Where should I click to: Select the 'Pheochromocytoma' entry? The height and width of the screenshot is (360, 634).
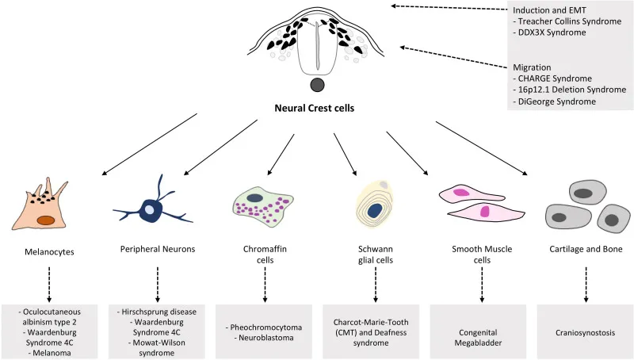point(265,326)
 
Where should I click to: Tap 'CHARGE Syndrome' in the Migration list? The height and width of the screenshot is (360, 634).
point(556,79)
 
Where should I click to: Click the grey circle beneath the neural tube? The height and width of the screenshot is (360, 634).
point(317,86)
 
